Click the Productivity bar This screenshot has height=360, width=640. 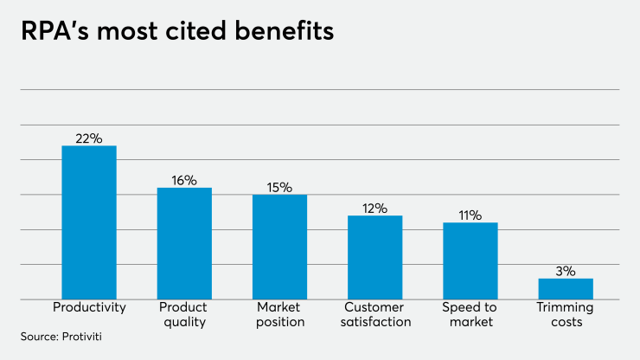click(89, 222)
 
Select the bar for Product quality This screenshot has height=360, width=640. click(184, 243)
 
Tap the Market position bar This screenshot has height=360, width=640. click(279, 247)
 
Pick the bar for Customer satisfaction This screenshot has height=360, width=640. click(375, 257)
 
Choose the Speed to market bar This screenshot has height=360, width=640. click(470, 260)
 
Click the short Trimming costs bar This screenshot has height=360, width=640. click(566, 288)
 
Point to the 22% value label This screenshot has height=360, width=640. click(89, 138)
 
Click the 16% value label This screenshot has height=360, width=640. click(184, 180)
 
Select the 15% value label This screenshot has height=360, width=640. click(279, 187)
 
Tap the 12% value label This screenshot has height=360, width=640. click(375, 208)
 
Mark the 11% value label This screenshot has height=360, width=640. click(470, 215)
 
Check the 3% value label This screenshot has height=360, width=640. click(566, 271)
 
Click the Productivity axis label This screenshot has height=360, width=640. click(89, 307)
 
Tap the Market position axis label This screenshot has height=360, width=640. click(279, 314)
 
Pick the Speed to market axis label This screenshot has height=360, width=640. click(470, 314)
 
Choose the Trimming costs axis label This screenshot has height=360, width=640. click(566, 314)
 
